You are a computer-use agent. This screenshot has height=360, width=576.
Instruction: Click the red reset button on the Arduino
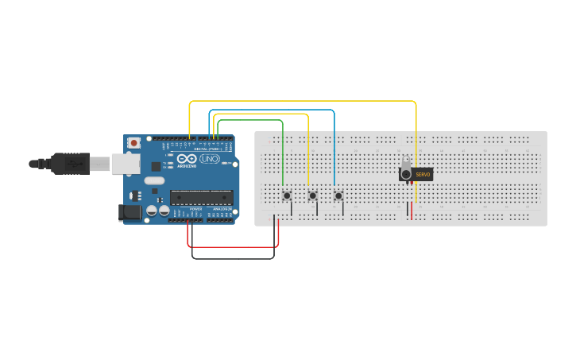133,143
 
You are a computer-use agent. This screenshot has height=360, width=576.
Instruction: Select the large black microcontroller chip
201,198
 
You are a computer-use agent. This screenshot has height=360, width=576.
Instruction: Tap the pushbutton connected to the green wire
287,195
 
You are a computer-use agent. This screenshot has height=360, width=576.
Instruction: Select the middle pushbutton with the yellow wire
312,195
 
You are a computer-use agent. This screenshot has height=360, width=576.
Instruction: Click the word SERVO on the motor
422,174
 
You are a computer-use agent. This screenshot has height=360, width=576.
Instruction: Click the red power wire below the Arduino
234,246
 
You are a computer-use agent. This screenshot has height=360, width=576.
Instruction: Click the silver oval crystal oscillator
154,181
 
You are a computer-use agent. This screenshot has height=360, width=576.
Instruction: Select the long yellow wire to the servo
302,102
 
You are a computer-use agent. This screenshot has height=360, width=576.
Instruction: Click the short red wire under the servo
412,211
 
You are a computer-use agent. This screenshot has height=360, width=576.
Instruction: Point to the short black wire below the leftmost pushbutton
292,208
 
